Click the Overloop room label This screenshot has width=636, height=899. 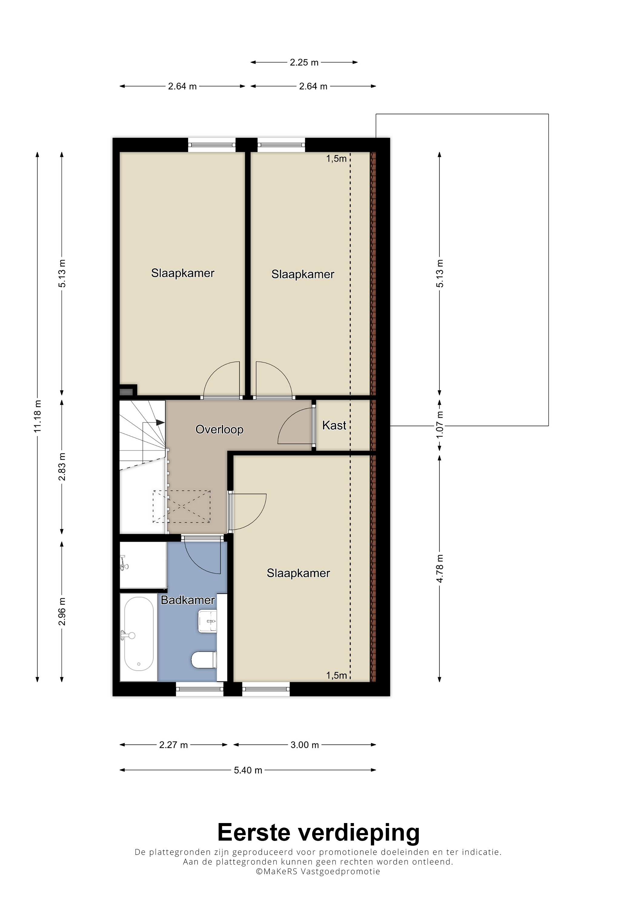click(220, 430)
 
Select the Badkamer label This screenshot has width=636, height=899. click(188, 600)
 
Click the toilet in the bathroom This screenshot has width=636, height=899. click(204, 660)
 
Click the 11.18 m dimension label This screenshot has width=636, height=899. click(37, 416)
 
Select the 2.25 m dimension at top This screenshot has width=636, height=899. click(304, 62)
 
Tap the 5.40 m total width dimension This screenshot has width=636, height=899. click(248, 770)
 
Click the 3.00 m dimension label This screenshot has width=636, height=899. click(304, 745)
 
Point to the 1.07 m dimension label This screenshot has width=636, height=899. click(440, 425)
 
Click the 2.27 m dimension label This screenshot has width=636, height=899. click(173, 745)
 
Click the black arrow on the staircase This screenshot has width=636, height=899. click(160, 422)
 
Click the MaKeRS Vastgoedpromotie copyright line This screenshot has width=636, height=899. click(318, 871)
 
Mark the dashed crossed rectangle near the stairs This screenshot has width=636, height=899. click(181, 506)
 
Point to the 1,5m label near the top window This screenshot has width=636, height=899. click(336, 159)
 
